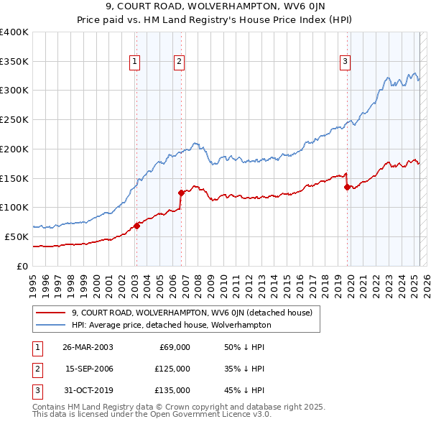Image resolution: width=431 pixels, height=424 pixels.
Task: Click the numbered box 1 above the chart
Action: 135,62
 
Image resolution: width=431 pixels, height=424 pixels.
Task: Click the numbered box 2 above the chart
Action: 178,62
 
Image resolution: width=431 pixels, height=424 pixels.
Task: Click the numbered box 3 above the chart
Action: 345,62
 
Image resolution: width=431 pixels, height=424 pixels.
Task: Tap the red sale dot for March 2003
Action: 136,226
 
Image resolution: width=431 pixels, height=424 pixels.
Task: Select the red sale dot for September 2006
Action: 181,193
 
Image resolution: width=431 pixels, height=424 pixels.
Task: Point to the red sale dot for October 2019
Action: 348,187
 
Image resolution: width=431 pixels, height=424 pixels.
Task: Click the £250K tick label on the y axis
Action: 14,119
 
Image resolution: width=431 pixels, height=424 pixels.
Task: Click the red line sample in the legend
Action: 50,313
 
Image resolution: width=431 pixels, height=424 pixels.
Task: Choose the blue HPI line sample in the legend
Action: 50,326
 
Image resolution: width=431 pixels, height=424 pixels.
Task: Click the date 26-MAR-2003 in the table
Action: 88,347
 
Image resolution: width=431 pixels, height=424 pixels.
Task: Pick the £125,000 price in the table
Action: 173,369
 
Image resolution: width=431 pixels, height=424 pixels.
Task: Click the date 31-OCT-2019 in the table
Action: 88,391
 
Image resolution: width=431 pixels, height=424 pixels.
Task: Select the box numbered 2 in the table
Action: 36,369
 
